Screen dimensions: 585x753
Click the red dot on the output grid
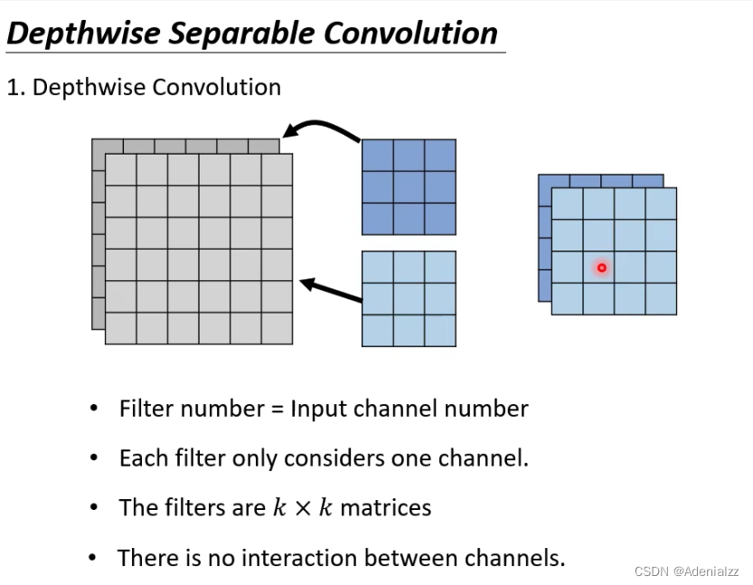click(601, 268)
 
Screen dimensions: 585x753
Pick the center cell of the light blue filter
click(409, 298)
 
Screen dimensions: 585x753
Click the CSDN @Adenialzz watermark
click(687, 571)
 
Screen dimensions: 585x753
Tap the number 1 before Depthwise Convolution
click(13, 88)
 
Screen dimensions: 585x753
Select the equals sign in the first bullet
click(277, 410)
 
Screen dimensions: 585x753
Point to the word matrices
click(385, 507)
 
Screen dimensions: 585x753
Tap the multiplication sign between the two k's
click(303, 508)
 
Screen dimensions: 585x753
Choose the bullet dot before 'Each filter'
click(94, 458)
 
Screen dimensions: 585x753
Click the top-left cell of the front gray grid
click(121, 170)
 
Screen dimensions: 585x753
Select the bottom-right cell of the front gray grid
click(277, 327)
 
